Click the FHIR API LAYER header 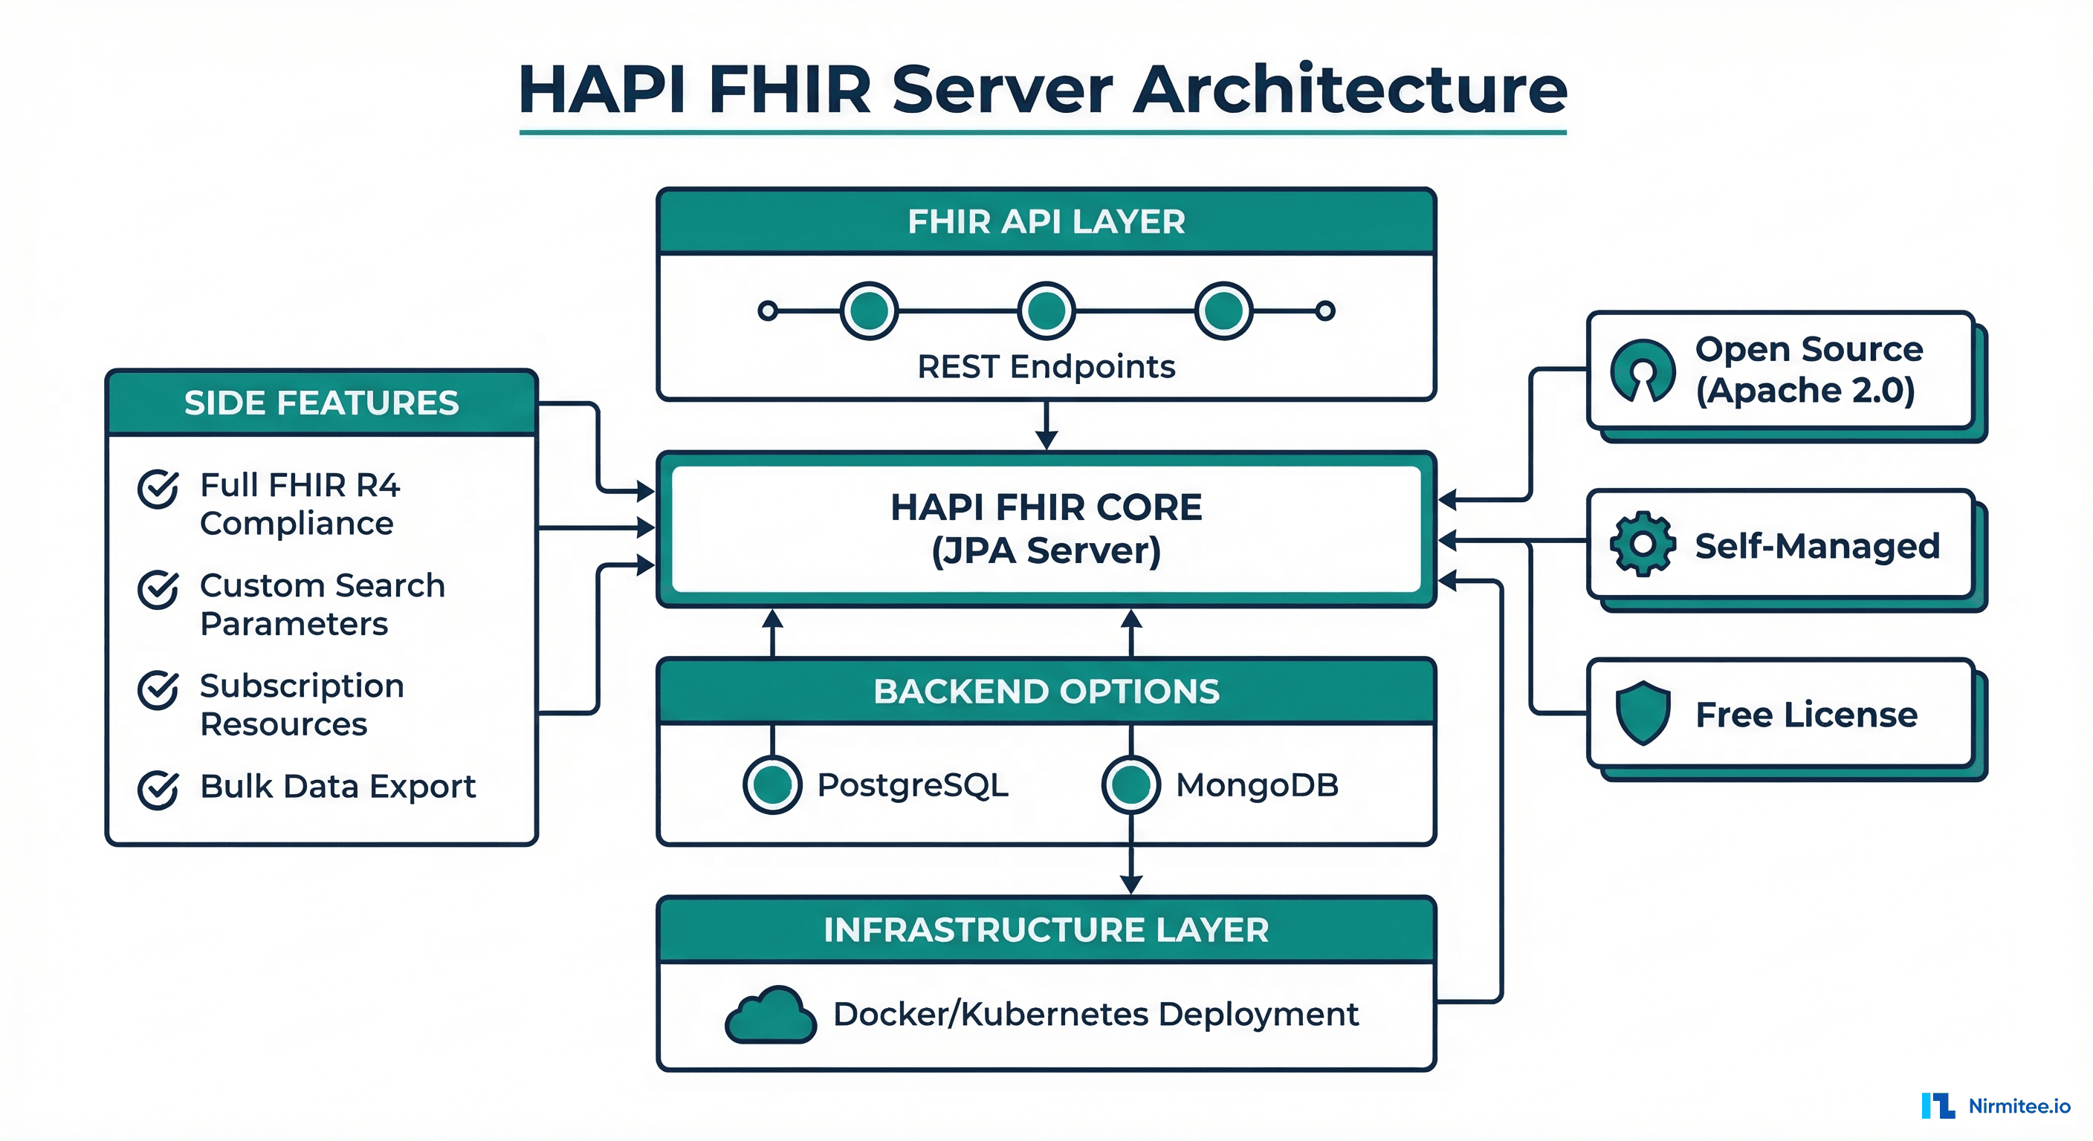[1046, 221]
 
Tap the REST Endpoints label [1046, 367]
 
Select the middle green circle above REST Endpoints [1046, 311]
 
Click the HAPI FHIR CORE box [1046, 529]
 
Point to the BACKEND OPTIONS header [1046, 691]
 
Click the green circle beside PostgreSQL [772, 784]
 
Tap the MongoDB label [1256, 785]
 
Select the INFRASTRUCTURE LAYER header [1046, 930]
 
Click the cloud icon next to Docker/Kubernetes [769, 1016]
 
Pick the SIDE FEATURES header [321, 403]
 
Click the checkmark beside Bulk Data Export [158, 790]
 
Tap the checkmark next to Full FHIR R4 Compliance [158, 488]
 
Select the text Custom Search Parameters [322, 604]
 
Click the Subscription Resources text [302, 704]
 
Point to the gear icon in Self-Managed [1642, 544]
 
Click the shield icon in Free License [1642, 713]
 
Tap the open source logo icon [1642, 371]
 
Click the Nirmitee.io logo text [2019, 1106]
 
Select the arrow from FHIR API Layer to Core [1046, 426]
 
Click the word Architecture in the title [1349, 89]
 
